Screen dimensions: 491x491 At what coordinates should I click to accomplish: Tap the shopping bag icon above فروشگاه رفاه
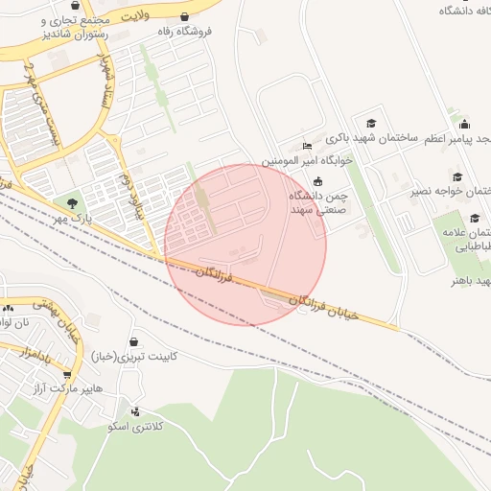[184, 16]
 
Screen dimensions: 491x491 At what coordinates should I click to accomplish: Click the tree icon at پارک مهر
[72, 202]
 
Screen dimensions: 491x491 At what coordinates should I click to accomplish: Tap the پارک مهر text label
[75, 219]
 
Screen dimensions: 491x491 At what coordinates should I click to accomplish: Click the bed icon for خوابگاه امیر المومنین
[307, 147]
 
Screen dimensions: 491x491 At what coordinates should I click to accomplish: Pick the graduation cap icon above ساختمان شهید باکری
[371, 123]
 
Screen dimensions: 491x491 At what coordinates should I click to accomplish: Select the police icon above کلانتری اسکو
[135, 411]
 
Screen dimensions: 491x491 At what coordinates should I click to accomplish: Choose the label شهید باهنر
[470, 281]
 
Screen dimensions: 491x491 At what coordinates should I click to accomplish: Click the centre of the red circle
[245, 245]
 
